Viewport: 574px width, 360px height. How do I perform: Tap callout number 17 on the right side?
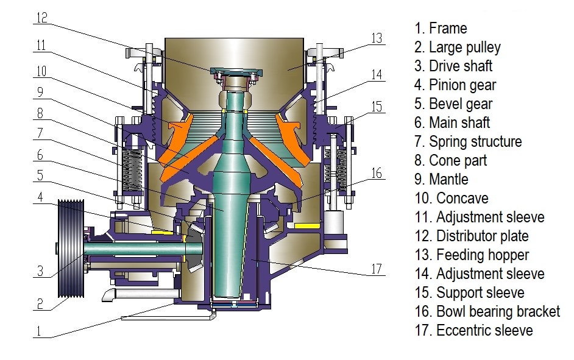point(377,269)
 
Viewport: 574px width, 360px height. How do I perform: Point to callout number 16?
point(377,173)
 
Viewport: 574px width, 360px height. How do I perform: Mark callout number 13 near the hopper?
point(377,38)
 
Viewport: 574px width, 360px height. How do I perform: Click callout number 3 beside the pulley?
point(40,270)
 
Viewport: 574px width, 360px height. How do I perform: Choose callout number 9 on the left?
point(40,93)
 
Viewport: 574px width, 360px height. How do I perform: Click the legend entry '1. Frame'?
point(441,28)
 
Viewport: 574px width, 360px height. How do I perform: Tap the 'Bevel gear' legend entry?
point(453,104)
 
